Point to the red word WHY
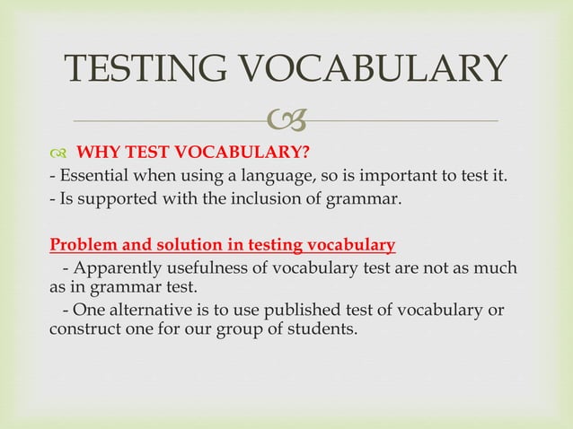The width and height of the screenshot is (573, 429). tap(95, 150)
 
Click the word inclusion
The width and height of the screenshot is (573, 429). tap(248, 197)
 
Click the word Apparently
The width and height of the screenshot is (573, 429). tap(118, 267)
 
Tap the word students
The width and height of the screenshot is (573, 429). tap(322, 329)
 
